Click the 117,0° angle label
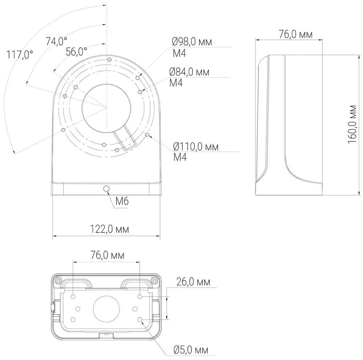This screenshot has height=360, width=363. pos(20,55)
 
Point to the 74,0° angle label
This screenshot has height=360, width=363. pos(56,41)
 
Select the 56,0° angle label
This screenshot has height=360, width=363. pos(76,52)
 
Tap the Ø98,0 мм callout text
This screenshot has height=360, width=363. pos(192,42)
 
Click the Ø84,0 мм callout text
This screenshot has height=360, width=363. pos(189,72)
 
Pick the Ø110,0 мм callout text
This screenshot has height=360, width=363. pos(196,147)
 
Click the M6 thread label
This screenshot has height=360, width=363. pos(122,201)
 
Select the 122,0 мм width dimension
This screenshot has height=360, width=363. pos(109,229)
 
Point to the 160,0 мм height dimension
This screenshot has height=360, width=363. pos(352,124)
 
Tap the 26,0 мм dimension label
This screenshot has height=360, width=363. pos(193,282)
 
